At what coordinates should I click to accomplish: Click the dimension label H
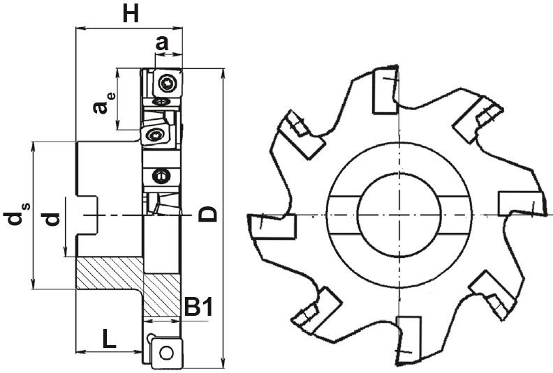pyautogui.click(x=131, y=14)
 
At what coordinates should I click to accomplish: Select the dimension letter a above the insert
pyautogui.click(x=162, y=44)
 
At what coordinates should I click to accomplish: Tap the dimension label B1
pyautogui.click(x=199, y=307)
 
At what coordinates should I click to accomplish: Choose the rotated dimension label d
pyautogui.click(x=52, y=219)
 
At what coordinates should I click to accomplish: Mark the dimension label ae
pyautogui.click(x=103, y=103)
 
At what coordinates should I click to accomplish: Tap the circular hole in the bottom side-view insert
pyautogui.click(x=165, y=353)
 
